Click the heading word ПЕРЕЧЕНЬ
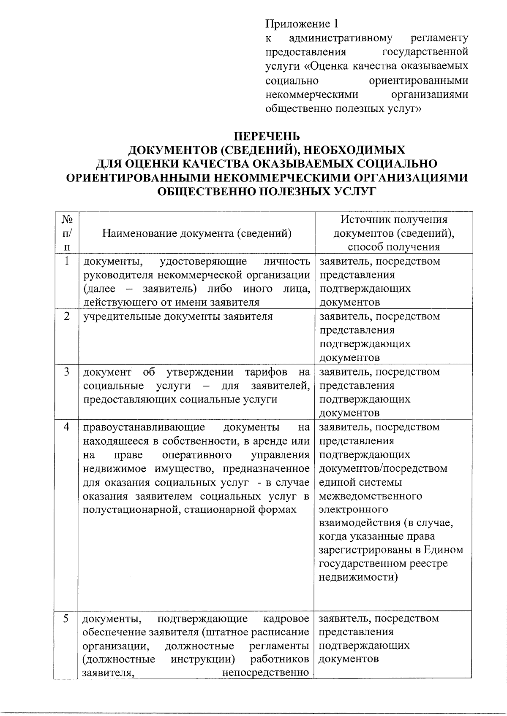(267, 136)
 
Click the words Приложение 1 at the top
(302, 24)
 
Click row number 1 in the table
(67, 261)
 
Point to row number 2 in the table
(67, 316)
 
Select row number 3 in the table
(67, 372)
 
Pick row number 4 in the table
(67, 427)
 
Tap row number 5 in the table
(66, 619)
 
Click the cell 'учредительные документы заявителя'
(178, 316)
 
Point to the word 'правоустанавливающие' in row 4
(144, 427)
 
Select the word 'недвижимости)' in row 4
(358, 577)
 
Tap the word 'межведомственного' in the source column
(371, 496)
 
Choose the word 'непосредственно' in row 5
(266, 673)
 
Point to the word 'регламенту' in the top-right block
(439, 38)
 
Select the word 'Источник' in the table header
(365, 219)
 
